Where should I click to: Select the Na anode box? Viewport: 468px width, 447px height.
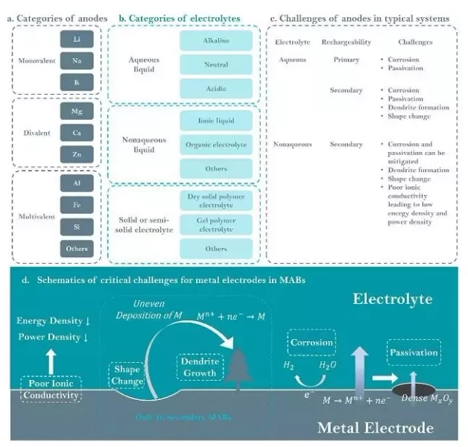tap(78, 60)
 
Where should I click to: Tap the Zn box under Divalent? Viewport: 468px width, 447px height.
tap(78, 154)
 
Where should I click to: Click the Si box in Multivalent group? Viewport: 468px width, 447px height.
tap(78, 225)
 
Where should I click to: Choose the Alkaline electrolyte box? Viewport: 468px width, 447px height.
tap(215, 41)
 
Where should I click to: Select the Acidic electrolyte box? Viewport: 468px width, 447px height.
tap(215, 89)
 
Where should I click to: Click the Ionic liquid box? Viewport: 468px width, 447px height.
tap(215, 120)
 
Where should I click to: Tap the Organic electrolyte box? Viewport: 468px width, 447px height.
tap(215, 144)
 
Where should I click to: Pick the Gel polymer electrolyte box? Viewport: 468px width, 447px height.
tap(215, 224)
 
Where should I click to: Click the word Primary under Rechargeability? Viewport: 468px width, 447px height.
tap(346, 60)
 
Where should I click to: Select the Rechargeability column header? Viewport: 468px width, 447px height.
tap(346, 42)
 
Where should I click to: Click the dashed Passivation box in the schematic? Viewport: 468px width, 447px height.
tap(413, 352)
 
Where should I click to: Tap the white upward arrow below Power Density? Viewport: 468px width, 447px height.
tap(51, 362)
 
